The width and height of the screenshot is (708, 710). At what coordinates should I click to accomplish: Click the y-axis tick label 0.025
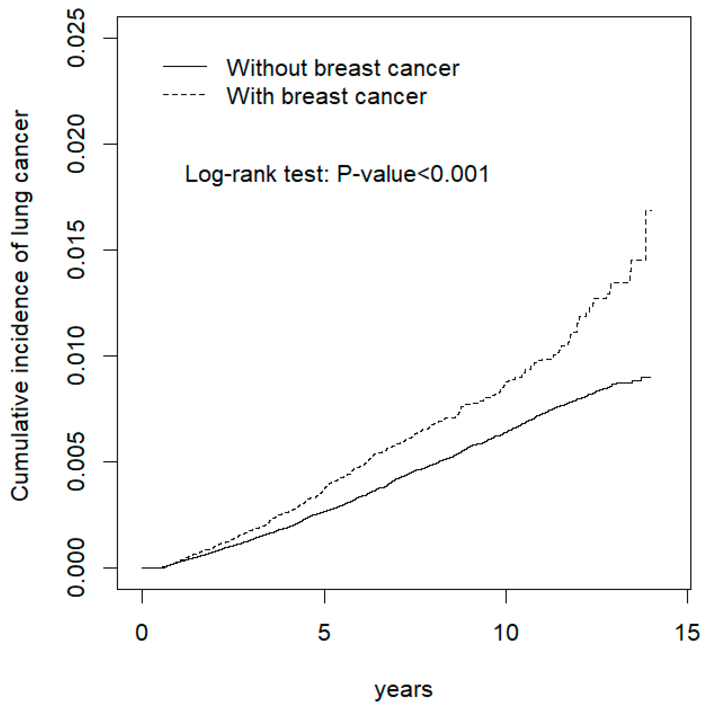pos(76,38)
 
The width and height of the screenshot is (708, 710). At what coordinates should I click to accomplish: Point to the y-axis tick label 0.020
pos(76,144)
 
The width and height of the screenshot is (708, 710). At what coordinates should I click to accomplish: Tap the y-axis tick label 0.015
pos(76,250)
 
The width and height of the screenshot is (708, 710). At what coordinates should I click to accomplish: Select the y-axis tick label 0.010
pos(76,356)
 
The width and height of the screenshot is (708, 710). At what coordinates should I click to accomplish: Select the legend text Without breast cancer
pos(343,68)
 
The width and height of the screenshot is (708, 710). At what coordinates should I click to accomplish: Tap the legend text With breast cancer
pos(327,96)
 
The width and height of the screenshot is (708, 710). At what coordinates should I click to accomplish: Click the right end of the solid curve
pos(650,377)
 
